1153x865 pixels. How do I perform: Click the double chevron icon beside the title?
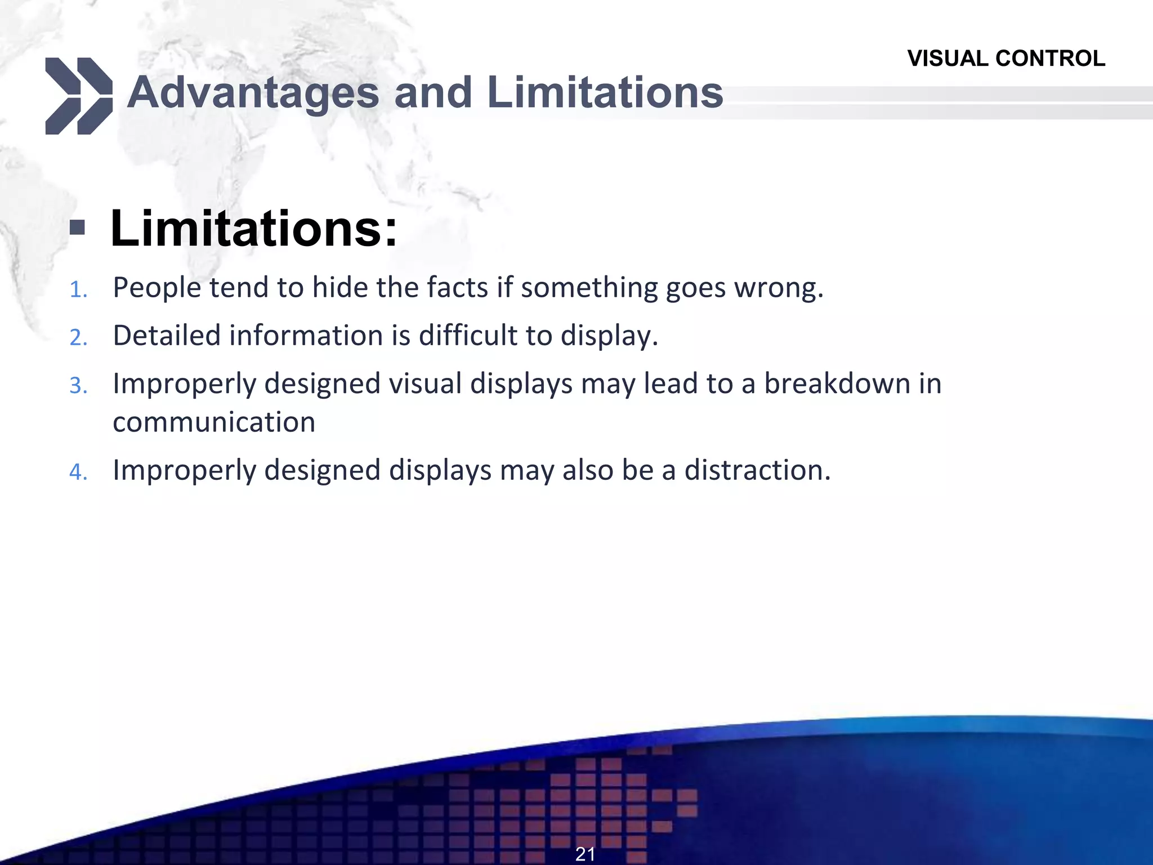78,96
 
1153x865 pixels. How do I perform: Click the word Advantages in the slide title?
253,93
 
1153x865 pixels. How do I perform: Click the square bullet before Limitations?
77,228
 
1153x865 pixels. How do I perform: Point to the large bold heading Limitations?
254,228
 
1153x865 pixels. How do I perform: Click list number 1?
78,290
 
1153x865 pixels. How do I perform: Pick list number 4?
78,472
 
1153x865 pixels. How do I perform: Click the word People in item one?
157,288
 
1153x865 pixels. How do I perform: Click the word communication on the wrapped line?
214,422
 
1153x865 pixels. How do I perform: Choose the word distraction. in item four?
757,470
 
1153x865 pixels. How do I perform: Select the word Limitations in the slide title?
605,93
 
